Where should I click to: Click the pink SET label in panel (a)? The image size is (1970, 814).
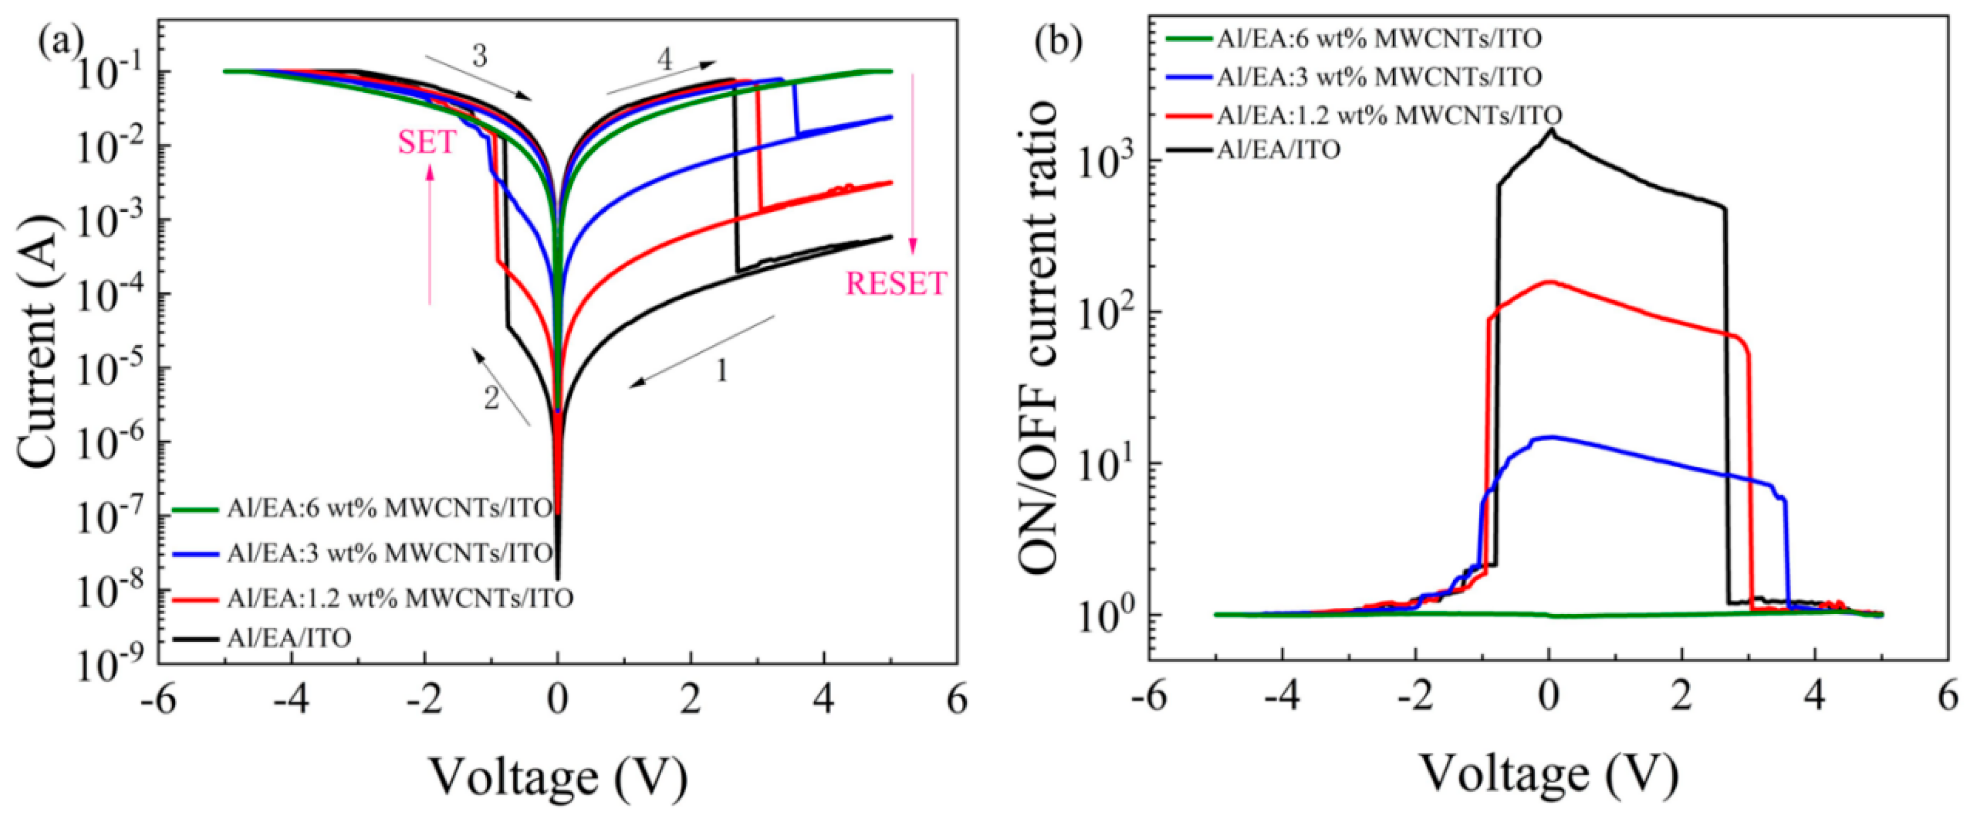point(427,142)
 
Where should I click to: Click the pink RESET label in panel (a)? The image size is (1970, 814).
point(896,284)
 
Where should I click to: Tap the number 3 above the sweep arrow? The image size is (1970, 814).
point(479,57)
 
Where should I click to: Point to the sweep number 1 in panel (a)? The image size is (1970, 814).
point(721,371)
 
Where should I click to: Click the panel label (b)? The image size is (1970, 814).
point(1057,42)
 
